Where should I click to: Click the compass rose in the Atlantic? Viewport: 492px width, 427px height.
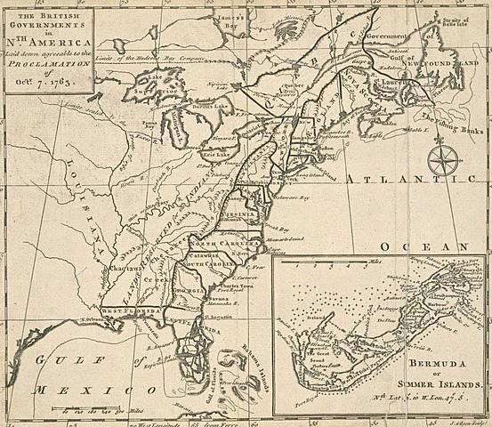tap(442, 161)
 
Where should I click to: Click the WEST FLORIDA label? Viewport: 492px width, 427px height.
tap(128, 309)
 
